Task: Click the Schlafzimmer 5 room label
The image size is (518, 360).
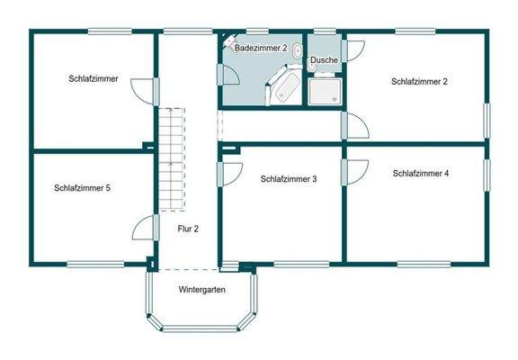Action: (82, 188)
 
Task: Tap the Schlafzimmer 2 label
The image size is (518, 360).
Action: (419, 81)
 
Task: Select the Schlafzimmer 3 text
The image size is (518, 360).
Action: (289, 179)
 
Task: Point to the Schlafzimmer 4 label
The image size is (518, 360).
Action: (421, 173)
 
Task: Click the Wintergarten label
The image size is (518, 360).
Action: (201, 290)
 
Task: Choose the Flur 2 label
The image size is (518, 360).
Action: (188, 229)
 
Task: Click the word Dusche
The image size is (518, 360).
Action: (323, 60)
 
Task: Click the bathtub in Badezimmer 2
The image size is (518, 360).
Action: (286, 87)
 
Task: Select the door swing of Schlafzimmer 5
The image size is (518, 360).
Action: (143, 229)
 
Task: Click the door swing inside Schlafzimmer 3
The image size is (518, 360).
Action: (230, 173)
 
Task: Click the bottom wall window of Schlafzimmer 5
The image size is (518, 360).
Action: (94, 263)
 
